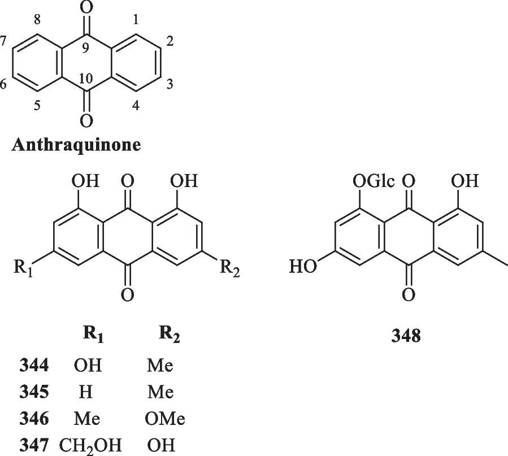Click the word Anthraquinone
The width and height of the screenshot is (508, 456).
[76, 145]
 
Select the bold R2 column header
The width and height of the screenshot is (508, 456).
[169, 336]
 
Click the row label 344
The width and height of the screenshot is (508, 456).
[33, 365]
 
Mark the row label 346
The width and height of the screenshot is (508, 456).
[33, 419]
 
